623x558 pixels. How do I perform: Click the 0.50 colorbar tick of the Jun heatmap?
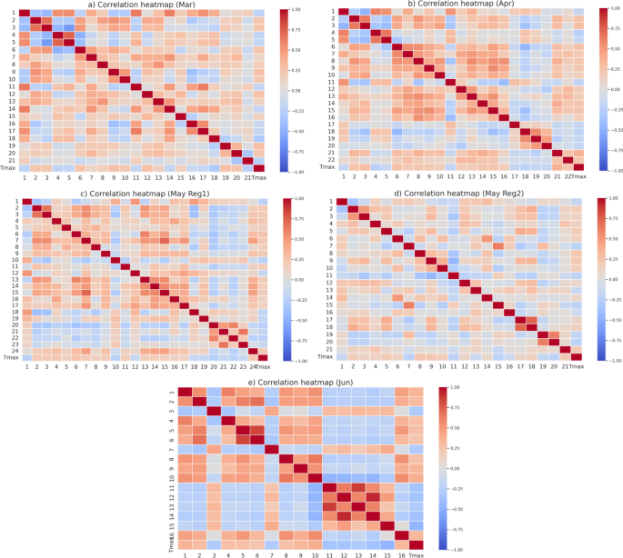(453, 427)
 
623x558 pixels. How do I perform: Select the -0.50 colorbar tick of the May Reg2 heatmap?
(613, 320)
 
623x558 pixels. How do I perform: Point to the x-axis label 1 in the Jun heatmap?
(185, 554)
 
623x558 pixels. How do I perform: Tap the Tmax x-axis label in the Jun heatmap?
(415, 554)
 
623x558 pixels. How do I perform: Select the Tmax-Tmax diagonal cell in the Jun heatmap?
(415, 543)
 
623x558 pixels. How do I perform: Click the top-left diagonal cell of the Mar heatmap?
(25, 13)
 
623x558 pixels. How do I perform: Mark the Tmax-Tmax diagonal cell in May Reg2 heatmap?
(577, 356)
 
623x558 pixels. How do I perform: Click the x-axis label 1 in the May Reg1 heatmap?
(25, 367)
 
